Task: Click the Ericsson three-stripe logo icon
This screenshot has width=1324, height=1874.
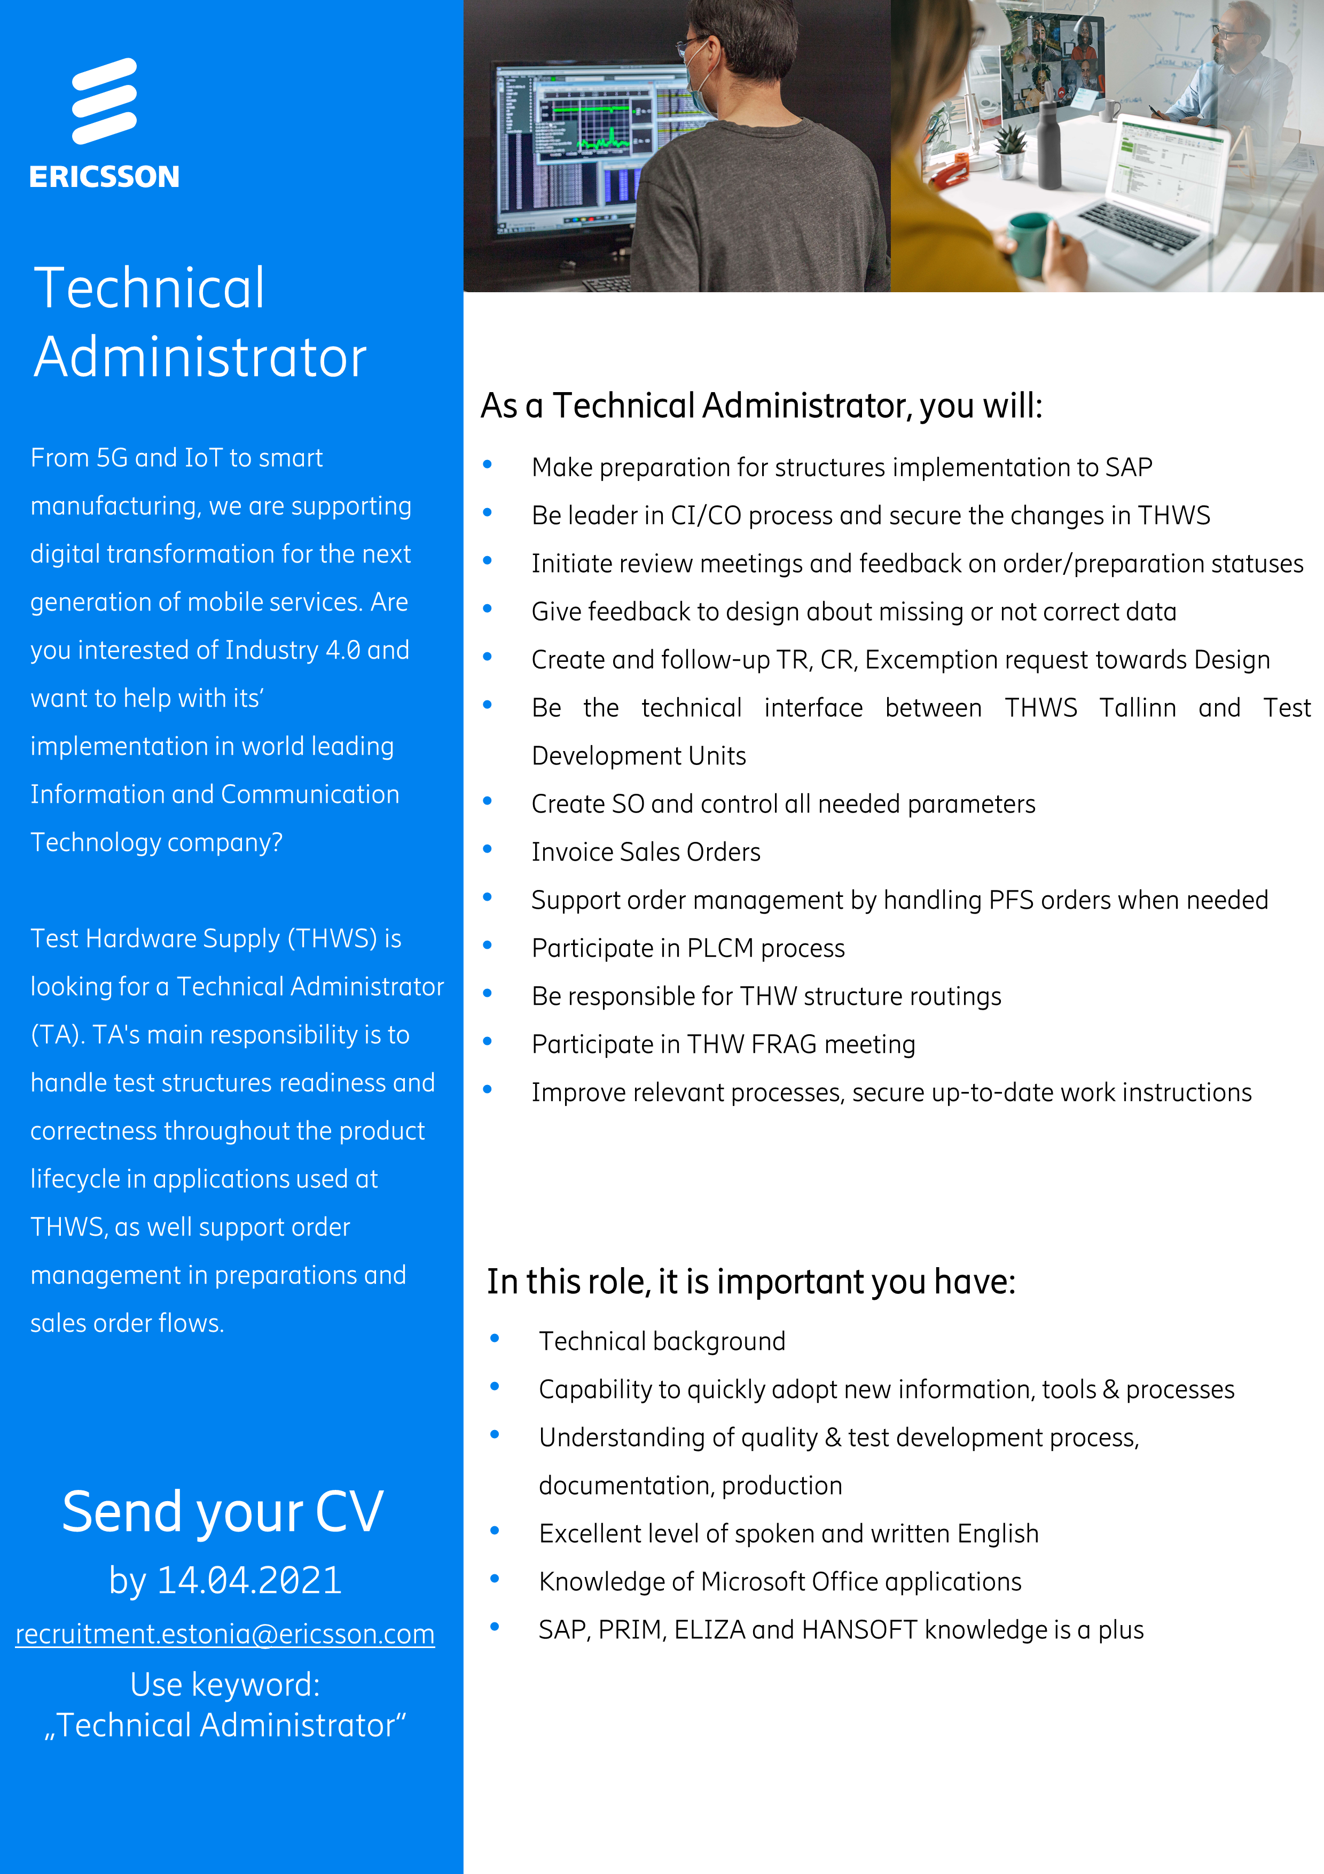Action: point(105,101)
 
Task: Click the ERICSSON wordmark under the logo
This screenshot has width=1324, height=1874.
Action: point(105,177)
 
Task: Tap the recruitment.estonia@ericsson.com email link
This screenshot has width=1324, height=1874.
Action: point(225,1634)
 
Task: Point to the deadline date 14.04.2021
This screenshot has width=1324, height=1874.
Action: point(249,1581)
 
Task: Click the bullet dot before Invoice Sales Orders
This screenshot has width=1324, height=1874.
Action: point(488,849)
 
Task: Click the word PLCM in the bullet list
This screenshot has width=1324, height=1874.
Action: point(720,948)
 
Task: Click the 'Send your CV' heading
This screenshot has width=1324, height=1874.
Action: point(223,1512)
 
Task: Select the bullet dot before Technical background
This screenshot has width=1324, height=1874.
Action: point(495,1339)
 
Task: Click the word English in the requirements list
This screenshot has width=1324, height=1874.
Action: point(998,1534)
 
